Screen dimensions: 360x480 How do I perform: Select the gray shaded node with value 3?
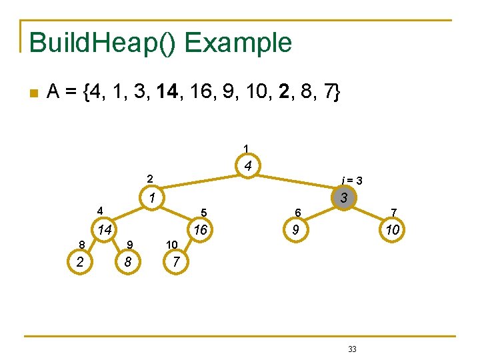pyautogui.click(x=343, y=198)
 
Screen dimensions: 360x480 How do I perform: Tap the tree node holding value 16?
pyautogui.click(x=199, y=231)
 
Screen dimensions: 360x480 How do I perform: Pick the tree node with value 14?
pyautogui.click(x=104, y=231)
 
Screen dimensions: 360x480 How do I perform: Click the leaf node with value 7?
pyautogui.click(x=175, y=262)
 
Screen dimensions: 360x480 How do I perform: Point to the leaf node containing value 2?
pyautogui.click(x=80, y=262)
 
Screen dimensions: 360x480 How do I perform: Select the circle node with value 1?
pyautogui.click(x=152, y=198)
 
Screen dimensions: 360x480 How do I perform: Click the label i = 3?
pyautogui.click(x=351, y=180)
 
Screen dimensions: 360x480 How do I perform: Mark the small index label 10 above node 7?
pyautogui.click(x=172, y=245)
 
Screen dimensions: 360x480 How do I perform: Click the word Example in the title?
pyautogui.click(x=238, y=42)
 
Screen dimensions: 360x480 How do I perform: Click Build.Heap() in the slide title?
pyautogui.click(x=103, y=42)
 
